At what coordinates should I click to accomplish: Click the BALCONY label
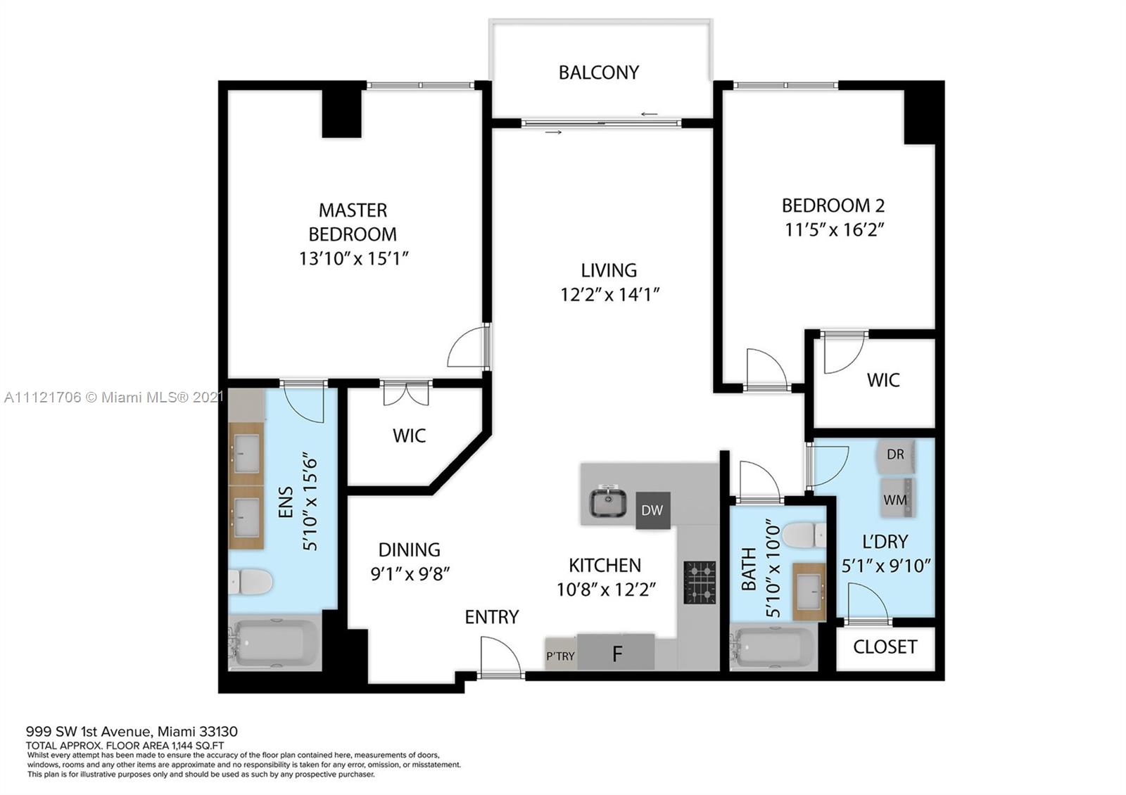pyautogui.click(x=599, y=72)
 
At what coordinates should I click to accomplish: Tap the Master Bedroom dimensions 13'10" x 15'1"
pyautogui.click(x=354, y=258)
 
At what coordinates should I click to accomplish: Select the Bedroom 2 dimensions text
pyautogui.click(x=835, y=229)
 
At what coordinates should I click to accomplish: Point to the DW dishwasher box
pyautogui.click(x=652, y=510)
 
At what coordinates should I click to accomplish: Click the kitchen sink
pyautogui.click(x=608, y=502)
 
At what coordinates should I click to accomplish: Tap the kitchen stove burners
pyautogui.click(x=700, y=582)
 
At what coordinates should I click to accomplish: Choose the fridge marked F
pyautogui.click(x=616, y=651)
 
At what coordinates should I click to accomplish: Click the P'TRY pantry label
pyautogui.click(x=560, y=656)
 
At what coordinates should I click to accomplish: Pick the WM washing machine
pyautogui.click(x=895, y=498)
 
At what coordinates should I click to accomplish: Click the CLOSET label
pyautogui.click(x=885, y=647)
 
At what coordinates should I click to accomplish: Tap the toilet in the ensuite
pyautogui.click(x=251, y=582)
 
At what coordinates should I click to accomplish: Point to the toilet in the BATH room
pyautogui.click(x=804, y=535)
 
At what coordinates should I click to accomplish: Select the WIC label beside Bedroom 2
pyautogui.click(x=883, y=380)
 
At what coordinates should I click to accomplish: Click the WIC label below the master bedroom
pyautogui.click(x=409, y=435)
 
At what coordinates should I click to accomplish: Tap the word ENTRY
pyautogui.click(x=492, y=616)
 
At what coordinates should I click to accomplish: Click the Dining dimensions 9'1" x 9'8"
pyautogui.click(x=410, y=573)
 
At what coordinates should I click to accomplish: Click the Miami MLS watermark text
pyautogui.click(x=113, y=397)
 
